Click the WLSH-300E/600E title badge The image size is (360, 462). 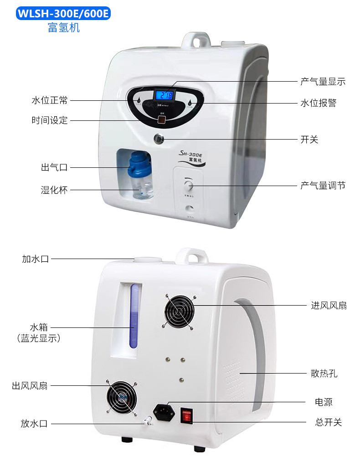pyautogui.click(x=63, y=14)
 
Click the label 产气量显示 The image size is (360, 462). pyautogui.click(x=323, y=82)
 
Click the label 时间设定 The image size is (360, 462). pyautogui.click(x=50, y=120)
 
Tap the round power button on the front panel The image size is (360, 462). pyautogui.click(x=159, y=138)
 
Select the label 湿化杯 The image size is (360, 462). pyautogui.click(x=54, y=190)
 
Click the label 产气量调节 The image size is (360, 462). pyautogui.click(x=323, y=185)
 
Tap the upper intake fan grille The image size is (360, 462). pyautogui.click(x=179, y=312)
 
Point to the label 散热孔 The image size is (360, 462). pyautogui.click(x=324, y=374)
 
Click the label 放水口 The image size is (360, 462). pyautogui.click(x=34, y=424)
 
